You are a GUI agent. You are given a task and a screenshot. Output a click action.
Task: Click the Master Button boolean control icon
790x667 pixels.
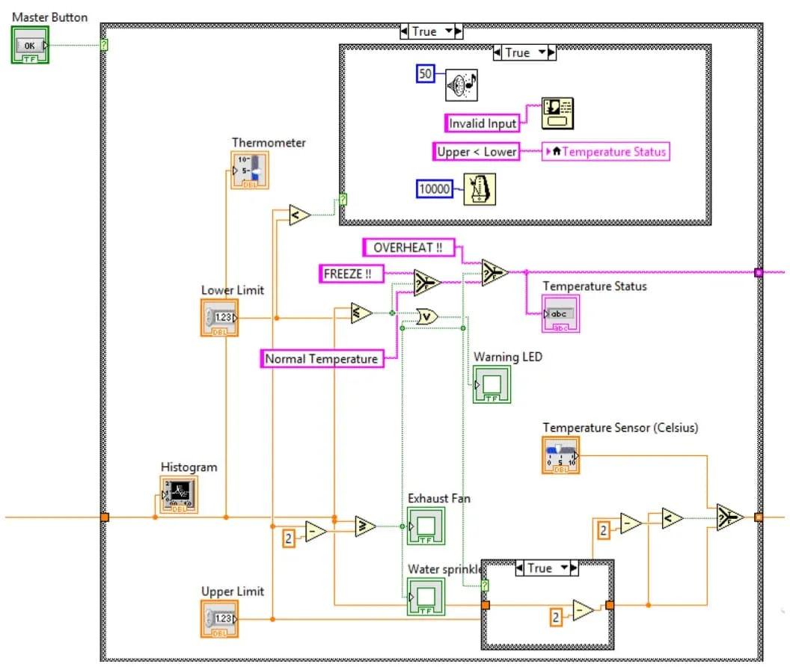[30, 45]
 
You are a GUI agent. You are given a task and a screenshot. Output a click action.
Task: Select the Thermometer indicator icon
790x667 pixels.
[249, 170]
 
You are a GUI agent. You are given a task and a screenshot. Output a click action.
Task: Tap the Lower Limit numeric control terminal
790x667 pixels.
[219, 317]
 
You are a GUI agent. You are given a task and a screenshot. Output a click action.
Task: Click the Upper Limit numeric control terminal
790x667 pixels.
[219, 618]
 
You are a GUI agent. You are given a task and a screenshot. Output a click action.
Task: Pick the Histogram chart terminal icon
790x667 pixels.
[180, 495]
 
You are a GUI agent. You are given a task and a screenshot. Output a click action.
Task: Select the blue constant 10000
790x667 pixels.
[435, 189]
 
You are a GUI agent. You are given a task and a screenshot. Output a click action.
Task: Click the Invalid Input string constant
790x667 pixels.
[483, 123]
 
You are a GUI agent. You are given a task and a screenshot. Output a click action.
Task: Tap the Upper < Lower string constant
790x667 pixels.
[477, 151]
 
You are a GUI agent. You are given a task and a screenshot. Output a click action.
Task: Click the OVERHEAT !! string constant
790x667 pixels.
[408, 248]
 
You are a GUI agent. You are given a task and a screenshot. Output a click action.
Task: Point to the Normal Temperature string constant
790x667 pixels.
[322, 359]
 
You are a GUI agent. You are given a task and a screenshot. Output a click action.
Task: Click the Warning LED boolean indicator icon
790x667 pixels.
[492, 384]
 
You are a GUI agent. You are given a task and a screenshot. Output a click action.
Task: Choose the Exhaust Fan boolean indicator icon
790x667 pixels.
[426, 526]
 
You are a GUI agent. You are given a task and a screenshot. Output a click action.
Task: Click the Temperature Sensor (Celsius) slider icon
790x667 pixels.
[561, 455]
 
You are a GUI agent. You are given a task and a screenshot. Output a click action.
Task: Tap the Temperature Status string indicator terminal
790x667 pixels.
[560, 314]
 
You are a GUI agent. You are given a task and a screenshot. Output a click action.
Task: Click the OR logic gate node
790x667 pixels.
[426, 317]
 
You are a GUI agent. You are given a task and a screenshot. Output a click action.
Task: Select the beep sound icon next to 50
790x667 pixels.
[462, 85]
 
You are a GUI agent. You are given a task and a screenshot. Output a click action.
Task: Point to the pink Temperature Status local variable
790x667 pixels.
[607, 152]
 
